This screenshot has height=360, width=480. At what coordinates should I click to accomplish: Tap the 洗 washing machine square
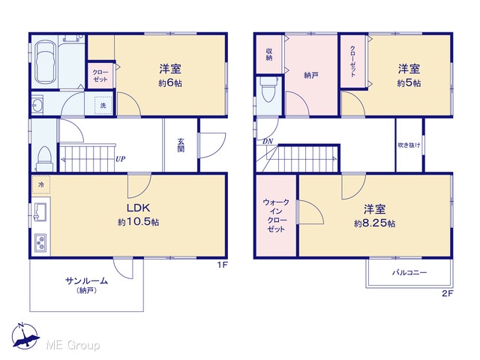[x=103, y=105]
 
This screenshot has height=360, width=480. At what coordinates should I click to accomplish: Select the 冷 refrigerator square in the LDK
[x=41, y=185]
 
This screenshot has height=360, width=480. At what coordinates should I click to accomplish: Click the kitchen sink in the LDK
[x=40, y=211]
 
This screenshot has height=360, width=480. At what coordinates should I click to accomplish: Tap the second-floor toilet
[x=268, y=89]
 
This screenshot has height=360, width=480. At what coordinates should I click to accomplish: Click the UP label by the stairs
[x=120, y=159]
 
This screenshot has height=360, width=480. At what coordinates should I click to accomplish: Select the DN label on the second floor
[x=268, y=142]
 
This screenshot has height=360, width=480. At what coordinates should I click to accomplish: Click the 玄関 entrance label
[x=181, y=145]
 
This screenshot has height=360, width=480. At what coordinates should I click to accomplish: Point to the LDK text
[x=138, y=208]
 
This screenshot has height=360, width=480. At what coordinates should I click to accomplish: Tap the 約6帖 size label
[x=170, y=83]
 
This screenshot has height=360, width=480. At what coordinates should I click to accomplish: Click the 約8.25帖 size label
[x=374, y=223]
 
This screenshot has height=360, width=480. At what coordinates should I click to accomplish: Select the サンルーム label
[x=87, y=280]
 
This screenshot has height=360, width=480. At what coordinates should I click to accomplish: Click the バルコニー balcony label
[x=409, y=272]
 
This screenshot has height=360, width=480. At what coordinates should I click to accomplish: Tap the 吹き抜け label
[x=409, y=145]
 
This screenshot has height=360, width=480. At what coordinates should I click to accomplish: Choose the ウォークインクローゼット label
[x=276, y=215]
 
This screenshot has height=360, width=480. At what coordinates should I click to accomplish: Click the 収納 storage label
[x=269, y=54]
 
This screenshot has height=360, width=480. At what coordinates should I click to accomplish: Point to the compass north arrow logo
[x=25, y=336]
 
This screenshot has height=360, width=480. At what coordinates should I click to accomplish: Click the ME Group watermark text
[x=73, y=345]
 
